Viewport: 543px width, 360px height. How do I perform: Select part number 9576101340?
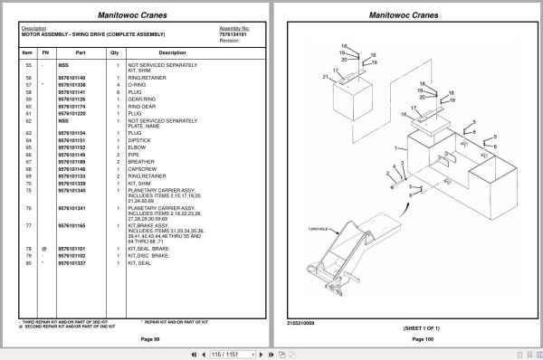72,191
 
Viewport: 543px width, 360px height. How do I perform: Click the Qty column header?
115,52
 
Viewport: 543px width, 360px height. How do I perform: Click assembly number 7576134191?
233,34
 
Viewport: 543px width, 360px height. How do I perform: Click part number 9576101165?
72,225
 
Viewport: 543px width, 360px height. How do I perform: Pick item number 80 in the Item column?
27,262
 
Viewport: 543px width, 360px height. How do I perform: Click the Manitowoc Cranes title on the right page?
412,14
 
